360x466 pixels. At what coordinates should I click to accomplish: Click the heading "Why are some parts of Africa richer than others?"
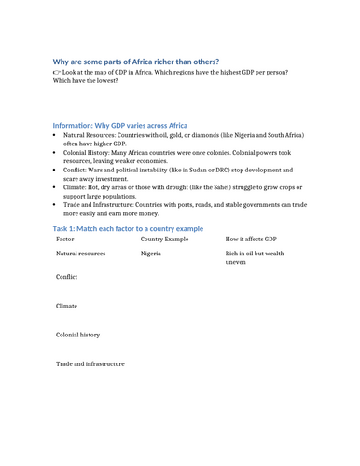pos(136,62)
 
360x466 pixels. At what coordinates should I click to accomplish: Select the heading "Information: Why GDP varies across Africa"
pos(120,125)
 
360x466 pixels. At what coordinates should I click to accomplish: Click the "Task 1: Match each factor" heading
pos(128,228)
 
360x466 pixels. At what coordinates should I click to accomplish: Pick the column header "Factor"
pos(66,240)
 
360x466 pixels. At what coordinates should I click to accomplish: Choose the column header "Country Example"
pos(164,240)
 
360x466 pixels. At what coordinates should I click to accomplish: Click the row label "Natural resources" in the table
pos(80,254)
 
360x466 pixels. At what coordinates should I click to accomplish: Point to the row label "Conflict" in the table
pos(66,278)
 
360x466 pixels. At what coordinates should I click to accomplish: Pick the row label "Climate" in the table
pos(66,306)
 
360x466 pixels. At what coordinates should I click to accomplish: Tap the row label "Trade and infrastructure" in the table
pos(90,363)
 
